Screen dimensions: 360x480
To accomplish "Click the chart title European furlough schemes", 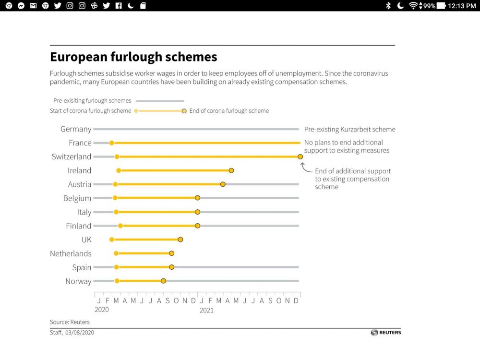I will (x=133, y=57).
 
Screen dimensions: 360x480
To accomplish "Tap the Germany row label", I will (x=76, y=129).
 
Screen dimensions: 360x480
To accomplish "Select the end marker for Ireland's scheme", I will (x=231, y=170).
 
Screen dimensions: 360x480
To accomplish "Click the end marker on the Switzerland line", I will (x=300, y=156).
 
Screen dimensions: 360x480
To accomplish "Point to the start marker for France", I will (x=112, y=143).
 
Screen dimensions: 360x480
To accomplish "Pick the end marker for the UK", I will (x=180, y=240).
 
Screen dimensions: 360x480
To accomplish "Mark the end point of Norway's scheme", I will (x=164, y=281).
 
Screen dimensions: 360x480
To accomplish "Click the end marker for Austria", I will (x=223, y=184).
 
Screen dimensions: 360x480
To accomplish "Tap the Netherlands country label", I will (x=71, y=253).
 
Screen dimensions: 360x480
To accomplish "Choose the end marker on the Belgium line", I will (x=197, y=198).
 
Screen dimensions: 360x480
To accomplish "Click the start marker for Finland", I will (x=120, y=226).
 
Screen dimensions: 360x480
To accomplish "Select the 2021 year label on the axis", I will (x=206, y=310).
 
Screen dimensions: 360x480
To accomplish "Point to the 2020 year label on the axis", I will (x=102, y=310).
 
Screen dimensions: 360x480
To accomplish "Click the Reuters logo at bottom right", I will (x=386, y=333).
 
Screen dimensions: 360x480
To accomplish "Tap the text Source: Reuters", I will (x=70, y=322).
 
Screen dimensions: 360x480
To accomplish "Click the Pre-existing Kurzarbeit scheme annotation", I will (x=350, y=130).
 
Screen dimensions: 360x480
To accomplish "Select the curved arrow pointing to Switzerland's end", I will (x=306, y=168).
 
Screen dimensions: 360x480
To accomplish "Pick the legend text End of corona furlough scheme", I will (x=229, y=111).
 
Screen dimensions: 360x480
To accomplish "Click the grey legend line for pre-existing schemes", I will (x=160, y=101).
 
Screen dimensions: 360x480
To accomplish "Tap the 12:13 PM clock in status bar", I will (x=461, y=6).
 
